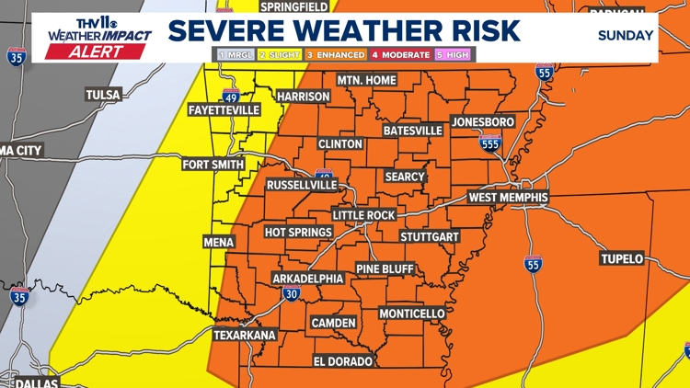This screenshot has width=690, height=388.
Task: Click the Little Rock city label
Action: [x=363, y=215]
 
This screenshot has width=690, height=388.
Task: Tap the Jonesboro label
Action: [x=483, y=122]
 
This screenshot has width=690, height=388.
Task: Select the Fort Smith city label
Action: [x=213, y=165]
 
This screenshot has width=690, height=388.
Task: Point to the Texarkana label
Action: [x=245, y=335]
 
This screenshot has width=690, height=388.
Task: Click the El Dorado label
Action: [x=343, y=360]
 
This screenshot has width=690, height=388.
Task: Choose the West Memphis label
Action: [x=508, y=197]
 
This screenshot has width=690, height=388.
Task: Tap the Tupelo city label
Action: [x=622, y=258]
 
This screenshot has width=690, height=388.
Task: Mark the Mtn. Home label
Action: [x=366, y=81]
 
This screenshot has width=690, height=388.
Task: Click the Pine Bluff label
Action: [x=385, y=268]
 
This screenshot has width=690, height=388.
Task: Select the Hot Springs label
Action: [x=298, y=232]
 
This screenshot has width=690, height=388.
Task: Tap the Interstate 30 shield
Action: [x=291, y=294]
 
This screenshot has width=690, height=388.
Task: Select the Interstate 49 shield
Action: [x=230, y=97]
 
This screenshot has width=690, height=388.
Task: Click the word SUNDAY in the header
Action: [x=626, y=36]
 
